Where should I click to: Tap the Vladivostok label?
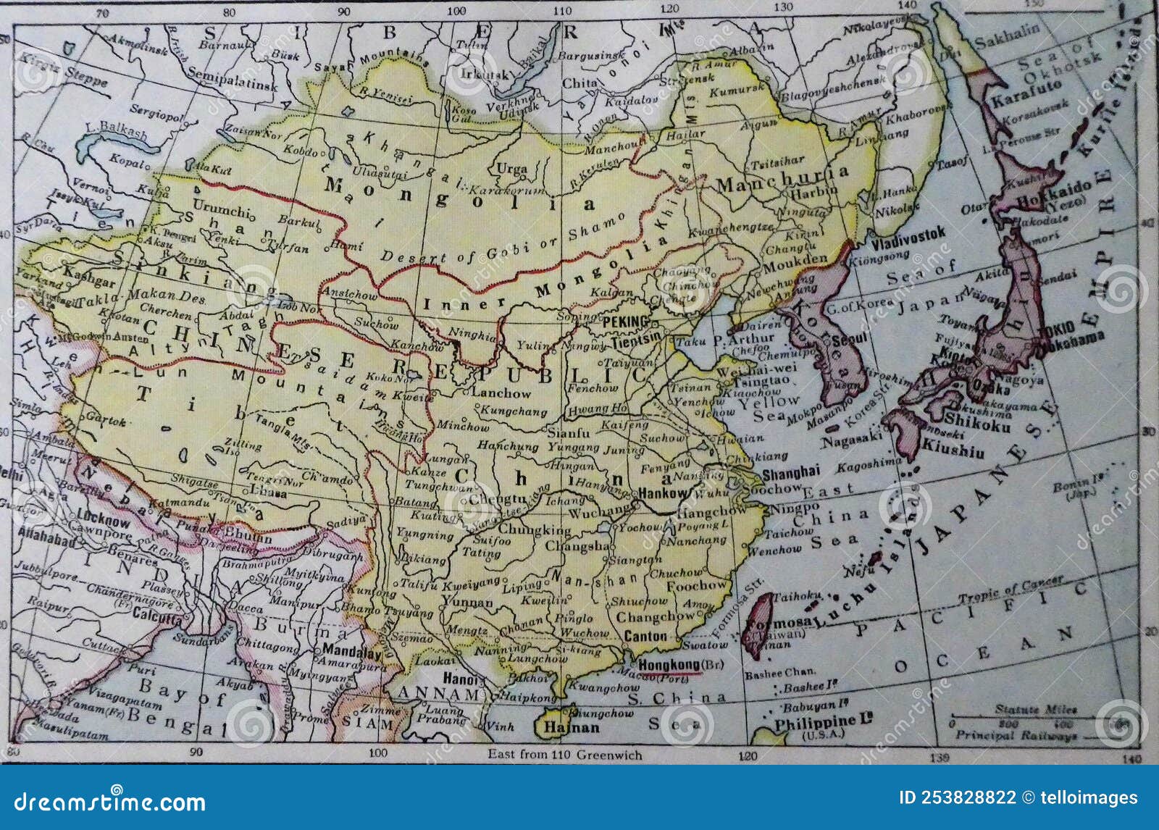click(x=908, y=233)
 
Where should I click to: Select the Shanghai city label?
click(x=791, y=472)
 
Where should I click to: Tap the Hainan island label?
click(x=572, y=727)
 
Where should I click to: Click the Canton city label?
click(x=645, y=636)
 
